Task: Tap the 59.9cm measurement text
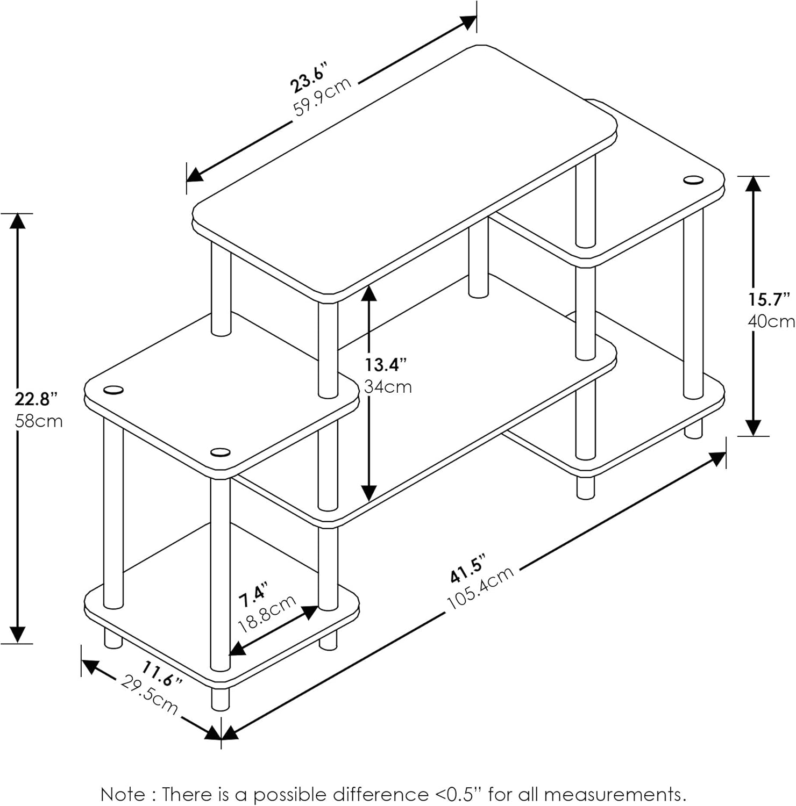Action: [322, 97]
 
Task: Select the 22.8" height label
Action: [35, 399]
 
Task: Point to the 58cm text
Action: [39, 421]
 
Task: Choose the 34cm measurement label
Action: [388, 386]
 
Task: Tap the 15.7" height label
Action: [770, 299]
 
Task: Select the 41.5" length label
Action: [468, 569]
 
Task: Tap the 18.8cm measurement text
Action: [267, 614]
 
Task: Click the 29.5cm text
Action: [149, 695]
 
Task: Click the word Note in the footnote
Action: [123, 794]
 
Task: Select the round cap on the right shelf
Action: [694, 180]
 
